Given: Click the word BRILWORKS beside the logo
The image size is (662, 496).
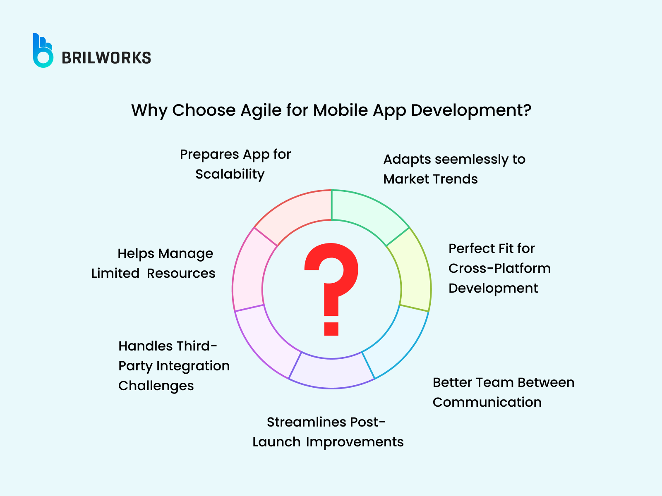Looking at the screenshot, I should [x=106, y=58].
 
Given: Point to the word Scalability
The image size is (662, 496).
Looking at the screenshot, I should [x=230, y=174].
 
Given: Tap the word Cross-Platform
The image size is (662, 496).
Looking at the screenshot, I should [x=499, y=268].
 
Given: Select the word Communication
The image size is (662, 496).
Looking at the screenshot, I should [x=487, y=402].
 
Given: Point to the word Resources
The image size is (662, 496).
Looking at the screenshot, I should [x=181, y=273].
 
